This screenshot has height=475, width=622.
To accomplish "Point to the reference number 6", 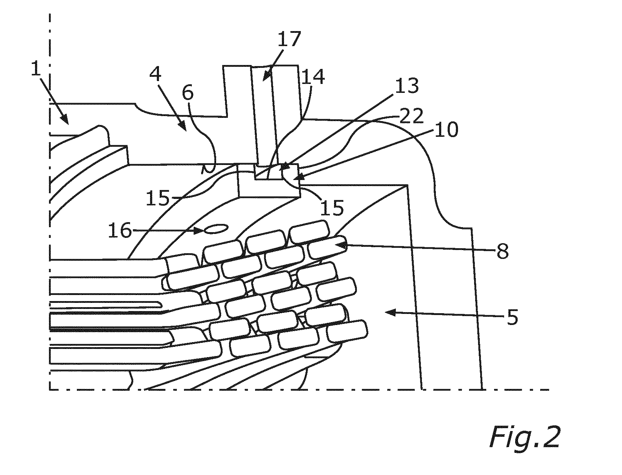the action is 188,93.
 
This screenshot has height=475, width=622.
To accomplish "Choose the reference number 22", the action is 412,116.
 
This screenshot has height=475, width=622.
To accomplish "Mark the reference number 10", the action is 447,130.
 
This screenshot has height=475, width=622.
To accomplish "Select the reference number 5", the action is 512,316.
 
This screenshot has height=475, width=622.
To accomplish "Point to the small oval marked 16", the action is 217,229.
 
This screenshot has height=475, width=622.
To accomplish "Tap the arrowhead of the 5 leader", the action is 391,313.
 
